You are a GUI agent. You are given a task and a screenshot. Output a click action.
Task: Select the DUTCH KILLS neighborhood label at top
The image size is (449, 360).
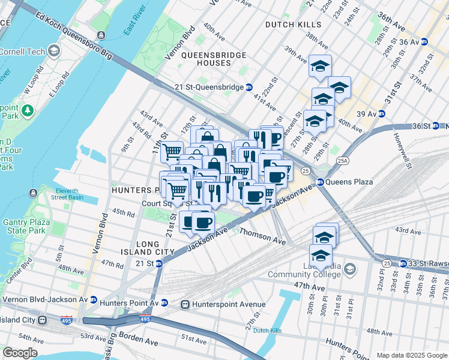click(294, 25)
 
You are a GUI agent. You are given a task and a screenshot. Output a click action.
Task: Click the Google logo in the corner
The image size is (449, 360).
click(20, 353)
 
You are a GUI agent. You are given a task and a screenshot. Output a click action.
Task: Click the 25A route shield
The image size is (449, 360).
click(342, 161)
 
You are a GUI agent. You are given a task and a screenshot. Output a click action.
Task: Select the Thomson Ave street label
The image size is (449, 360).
click(262, 238)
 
